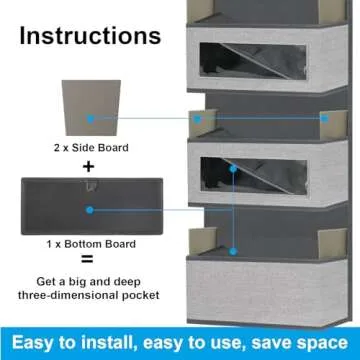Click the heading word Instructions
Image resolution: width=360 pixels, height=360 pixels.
pos(90,37)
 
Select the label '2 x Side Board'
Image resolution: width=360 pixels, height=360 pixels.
pos(90,146)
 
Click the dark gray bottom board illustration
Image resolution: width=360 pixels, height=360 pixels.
pos(89,209)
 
